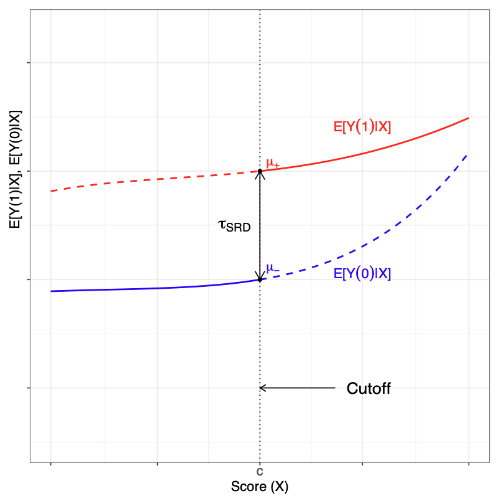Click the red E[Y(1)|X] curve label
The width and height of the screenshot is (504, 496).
coord(362,127)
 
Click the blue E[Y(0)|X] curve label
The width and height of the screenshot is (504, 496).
coord(362,274)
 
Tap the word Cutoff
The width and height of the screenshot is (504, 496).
coord(369,388)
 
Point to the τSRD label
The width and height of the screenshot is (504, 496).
coord(234,225)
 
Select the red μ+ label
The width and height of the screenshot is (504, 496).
coord(272,163)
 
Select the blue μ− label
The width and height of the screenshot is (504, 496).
coord(272,268)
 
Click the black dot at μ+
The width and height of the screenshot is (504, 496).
coord(260,171)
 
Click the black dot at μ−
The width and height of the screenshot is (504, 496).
coord(260,279)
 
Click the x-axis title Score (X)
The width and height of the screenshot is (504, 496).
coord(259,486)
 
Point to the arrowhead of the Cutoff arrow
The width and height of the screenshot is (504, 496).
coord(262,388)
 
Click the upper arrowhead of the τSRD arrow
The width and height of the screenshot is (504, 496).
coord(260,175)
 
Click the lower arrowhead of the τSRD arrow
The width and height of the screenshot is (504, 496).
coord(260,276)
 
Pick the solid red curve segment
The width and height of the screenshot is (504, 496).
coord(373,148)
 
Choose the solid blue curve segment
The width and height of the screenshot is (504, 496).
coord(155,288)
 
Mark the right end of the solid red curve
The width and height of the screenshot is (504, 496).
coord(467,118)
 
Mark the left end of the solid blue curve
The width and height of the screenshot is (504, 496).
coord(52,291)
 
